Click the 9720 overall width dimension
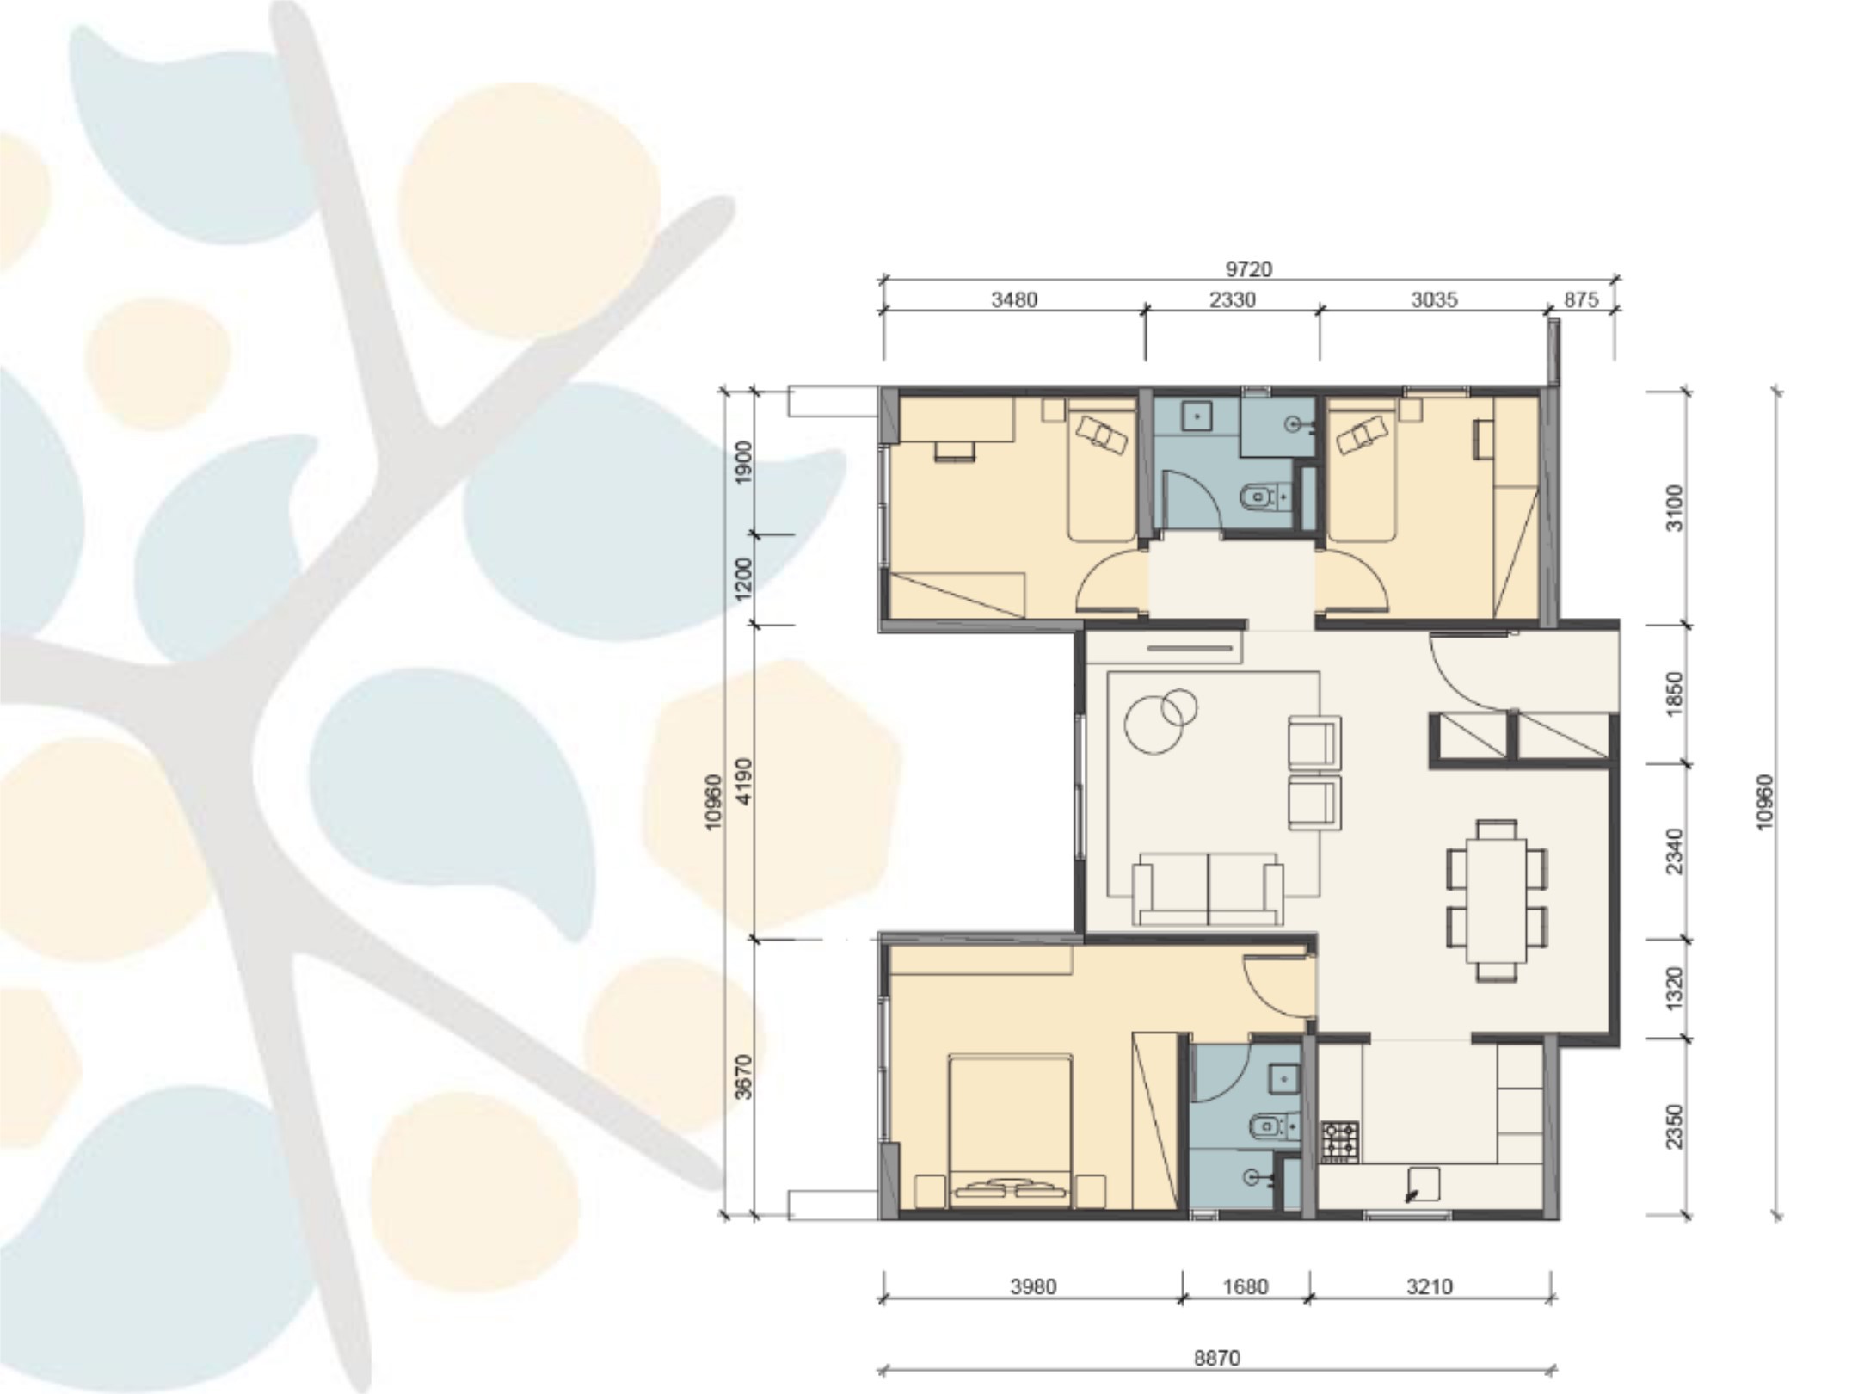click(1248, 269)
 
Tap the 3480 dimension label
click(1014, 299)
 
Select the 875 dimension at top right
click(1581, 299)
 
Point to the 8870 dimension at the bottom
click(1217, 1358)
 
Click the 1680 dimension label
click(1246, 1286)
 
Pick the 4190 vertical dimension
click(744, 780)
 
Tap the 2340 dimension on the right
click(1673, 851)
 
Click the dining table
click(1497, 900)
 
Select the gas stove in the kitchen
click(1339, 1142)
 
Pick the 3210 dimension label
click(1430, 1286)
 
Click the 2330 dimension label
click(1232, 299)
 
